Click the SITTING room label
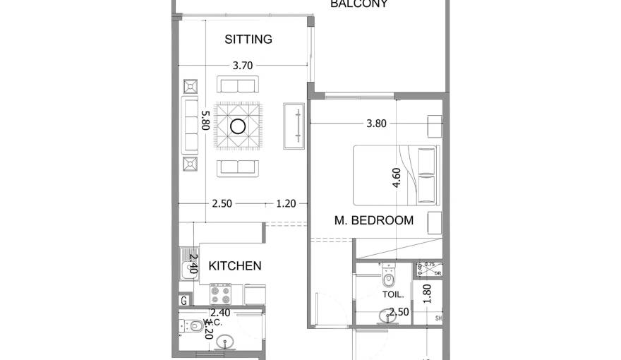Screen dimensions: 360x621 [248, 40]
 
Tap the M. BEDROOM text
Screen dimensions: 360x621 [373, 220]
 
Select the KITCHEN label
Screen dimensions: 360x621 [235, 266]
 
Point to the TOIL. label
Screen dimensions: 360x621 [393, 294]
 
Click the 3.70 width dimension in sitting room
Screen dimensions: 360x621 [242, 66]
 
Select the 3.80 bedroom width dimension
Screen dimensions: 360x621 [376, 123]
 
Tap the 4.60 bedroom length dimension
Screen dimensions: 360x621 [397, 177]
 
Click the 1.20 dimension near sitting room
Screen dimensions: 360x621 [286, 204]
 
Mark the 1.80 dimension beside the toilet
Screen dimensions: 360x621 [426, 293]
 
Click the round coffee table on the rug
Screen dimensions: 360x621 [239, 127]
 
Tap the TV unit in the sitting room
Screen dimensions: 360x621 [293, 126]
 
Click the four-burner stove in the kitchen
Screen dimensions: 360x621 [221, 293]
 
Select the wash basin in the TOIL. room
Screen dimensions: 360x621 [385, 316]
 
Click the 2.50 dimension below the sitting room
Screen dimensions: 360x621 [222, 204]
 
